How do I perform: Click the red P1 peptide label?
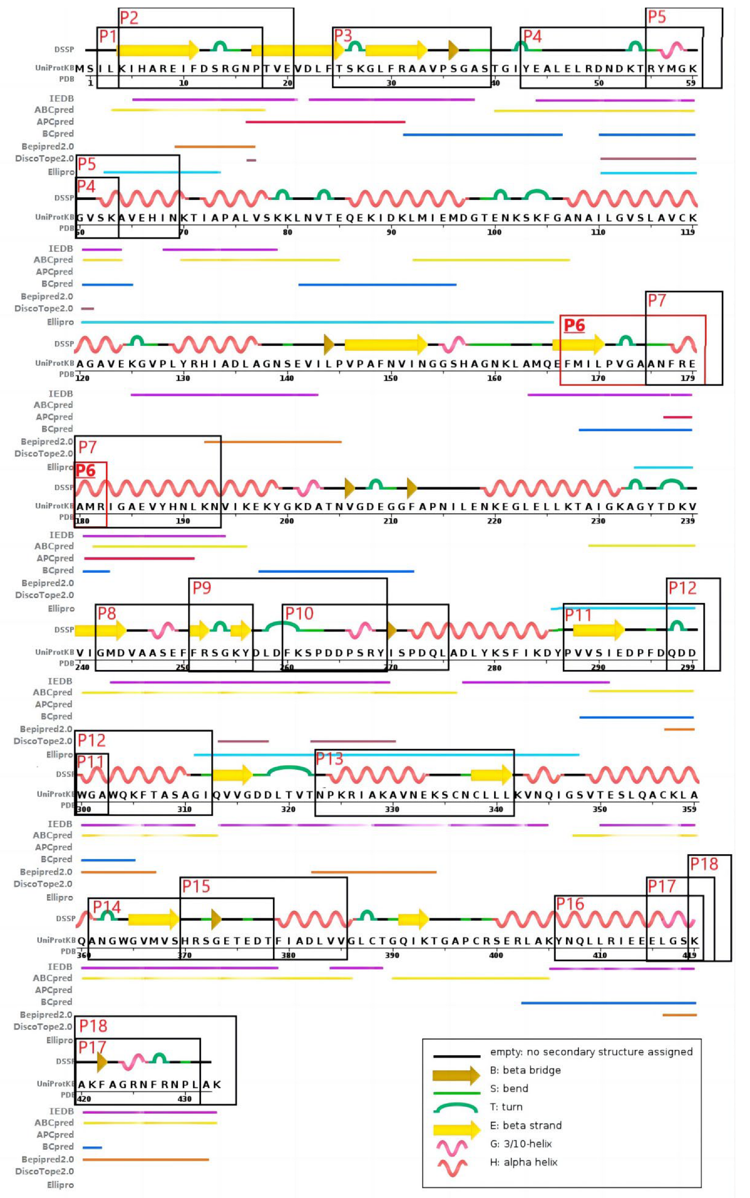108,36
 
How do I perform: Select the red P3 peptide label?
343,36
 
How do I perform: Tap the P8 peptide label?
107,614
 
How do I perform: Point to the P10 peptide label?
299,614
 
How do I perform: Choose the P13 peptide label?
329,758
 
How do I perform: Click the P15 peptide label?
196,886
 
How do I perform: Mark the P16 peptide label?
570,903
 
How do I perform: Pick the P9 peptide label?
202,588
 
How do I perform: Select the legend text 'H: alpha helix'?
524,1162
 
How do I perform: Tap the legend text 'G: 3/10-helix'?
521,1144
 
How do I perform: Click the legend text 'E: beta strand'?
526,1125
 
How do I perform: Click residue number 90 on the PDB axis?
391,232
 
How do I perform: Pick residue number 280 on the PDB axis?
494,668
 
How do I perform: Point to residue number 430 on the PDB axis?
184,1099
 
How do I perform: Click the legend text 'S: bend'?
509,1089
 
